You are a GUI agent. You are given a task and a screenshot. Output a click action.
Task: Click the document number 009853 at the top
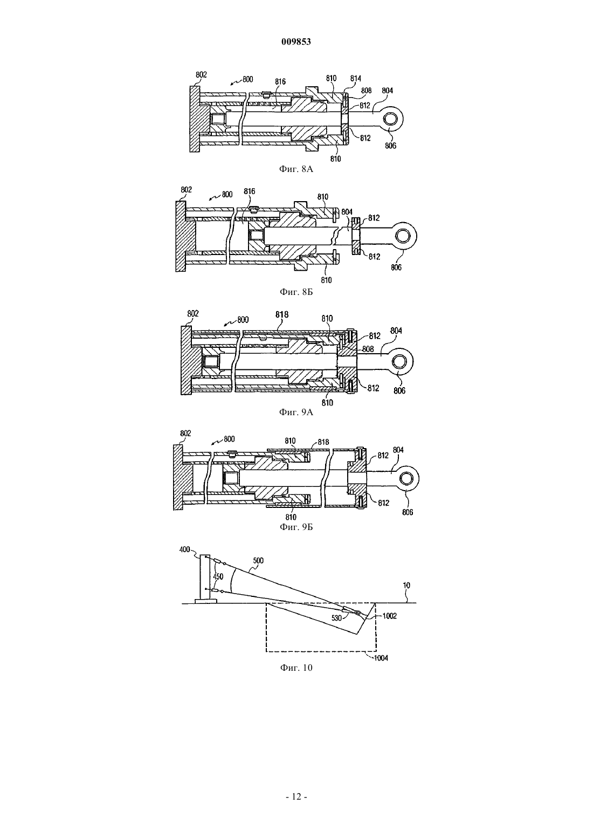pyautogui.click(x=296, y=42)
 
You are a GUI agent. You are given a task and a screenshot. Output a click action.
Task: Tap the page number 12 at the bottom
pyautogui.click(x=296, y=796)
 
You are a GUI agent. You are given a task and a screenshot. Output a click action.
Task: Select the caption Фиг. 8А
pyautogui.click(x=296, y=169)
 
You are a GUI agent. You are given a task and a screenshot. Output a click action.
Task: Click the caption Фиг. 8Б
pyautogui.click(x=296, y=292)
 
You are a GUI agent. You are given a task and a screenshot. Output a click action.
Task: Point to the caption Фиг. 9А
pyautogui.click(x=296, y=412)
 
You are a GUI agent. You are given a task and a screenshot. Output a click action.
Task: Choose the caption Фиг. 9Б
pyautogui.click(x=296, y=527)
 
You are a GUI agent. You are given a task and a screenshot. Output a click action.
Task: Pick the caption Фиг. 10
pyautogui.click(x=296, y=668)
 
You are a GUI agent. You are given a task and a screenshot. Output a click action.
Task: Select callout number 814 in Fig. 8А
pyautogui.click(x=356, y=78)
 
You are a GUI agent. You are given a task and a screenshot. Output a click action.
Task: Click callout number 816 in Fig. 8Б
pyautogui.click(x=249, y=191)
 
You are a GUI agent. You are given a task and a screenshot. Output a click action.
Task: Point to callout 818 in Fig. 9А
pyautogui.click(x=282, y=315)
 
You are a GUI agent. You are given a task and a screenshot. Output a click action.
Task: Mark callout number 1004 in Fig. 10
pyautogui.click(x=381, y=658)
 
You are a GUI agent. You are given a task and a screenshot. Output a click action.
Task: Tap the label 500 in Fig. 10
pyautogui.click(x=258, y=560)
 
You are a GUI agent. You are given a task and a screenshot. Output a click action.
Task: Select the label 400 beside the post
pyautogui.click(x=185, y=549)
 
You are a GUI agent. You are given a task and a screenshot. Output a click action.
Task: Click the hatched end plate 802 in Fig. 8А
pyautogui.click(x=194, y=119)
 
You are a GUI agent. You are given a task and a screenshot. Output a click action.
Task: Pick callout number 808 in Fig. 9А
pyautogui.click(x=368, y=349)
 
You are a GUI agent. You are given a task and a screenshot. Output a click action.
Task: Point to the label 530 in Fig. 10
pyautogui.click(x=336, y=618)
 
